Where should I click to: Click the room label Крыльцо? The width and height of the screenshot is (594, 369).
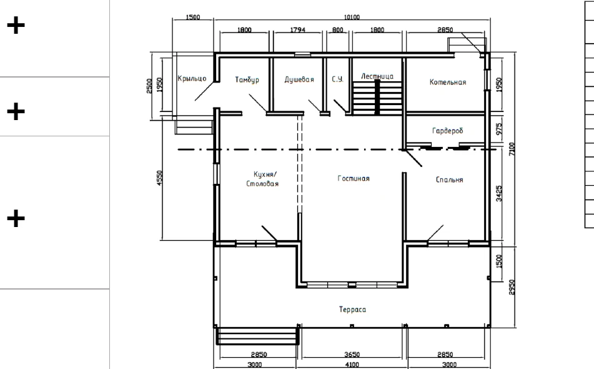pyautogui.click(x=192, y=79)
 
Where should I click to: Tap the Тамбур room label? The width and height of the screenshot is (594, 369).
pyautogui.click(x=247, y=79)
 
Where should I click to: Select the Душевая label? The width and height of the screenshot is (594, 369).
pyautogui.click(x=299, y=79)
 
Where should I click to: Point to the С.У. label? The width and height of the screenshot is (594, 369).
pyautogui.click(x=337, y=79)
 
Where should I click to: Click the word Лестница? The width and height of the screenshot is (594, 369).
pyautogui.click(x=377, y=76)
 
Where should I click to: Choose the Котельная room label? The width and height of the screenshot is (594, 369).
pyautogui.click(x=448, y=83)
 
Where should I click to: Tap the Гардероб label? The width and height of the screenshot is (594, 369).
pyautogui.click(x=448, y=131)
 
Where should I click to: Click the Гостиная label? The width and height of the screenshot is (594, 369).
pyautogui.click(x=354, y=179)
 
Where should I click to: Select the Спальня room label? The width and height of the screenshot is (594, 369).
pyautogui.click(x=449, y=179)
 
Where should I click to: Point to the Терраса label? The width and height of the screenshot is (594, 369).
pyautogui.click(x=353, y=310)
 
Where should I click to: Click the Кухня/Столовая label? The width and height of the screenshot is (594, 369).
pyautogui.click(x=262, y=179)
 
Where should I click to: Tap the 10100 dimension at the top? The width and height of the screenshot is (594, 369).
pyautogui.click(x=352, y=17)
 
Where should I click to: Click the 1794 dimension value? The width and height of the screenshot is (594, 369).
pyautogui.click(x=298, y=29)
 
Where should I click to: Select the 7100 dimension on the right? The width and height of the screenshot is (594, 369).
pyautogui.click(x=512, y=149)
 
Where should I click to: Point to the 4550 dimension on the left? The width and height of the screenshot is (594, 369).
pyautogui.click(x=159, y=178)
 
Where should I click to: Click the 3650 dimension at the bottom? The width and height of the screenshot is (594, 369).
pyautogui.click(x=352, y=355)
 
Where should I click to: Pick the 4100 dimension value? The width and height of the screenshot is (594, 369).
pyautogui.click(x=352, y=365)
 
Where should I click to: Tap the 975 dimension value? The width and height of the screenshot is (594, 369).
pyautogui.click(x=499, y=129)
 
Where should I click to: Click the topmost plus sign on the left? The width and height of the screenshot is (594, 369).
pyautogui.click(x=16, y=26)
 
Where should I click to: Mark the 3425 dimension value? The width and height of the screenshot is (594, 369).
pyautogui.click(x=499, y=193)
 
